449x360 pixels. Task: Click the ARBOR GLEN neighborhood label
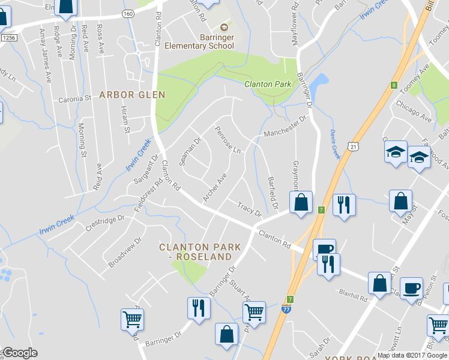(x=131, y=95)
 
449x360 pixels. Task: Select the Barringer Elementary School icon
(x=224, y=27)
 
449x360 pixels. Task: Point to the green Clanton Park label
(x=268, y=85)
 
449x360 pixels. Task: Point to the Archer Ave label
(x=214, y=187)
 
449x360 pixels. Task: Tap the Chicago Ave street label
(x=415, y=111)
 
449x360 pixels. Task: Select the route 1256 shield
(x=7, y=38)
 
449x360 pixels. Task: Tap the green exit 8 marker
(x=394, y=85)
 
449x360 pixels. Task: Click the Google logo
(x=19, y=353)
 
